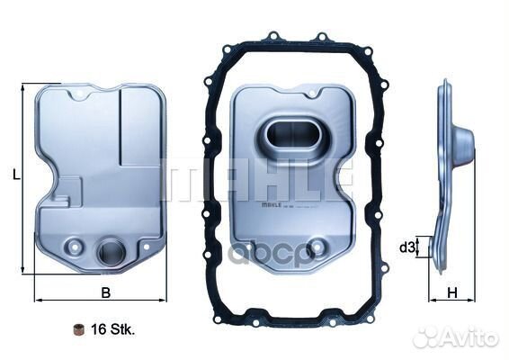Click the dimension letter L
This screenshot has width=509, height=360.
tap(16, 176)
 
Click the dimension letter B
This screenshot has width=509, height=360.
tap(105, 292)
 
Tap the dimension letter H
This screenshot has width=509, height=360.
tap(453, 292)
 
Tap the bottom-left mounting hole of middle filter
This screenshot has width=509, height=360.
tap(251, 244)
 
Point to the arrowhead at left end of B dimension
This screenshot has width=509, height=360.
tap(37, 299)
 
